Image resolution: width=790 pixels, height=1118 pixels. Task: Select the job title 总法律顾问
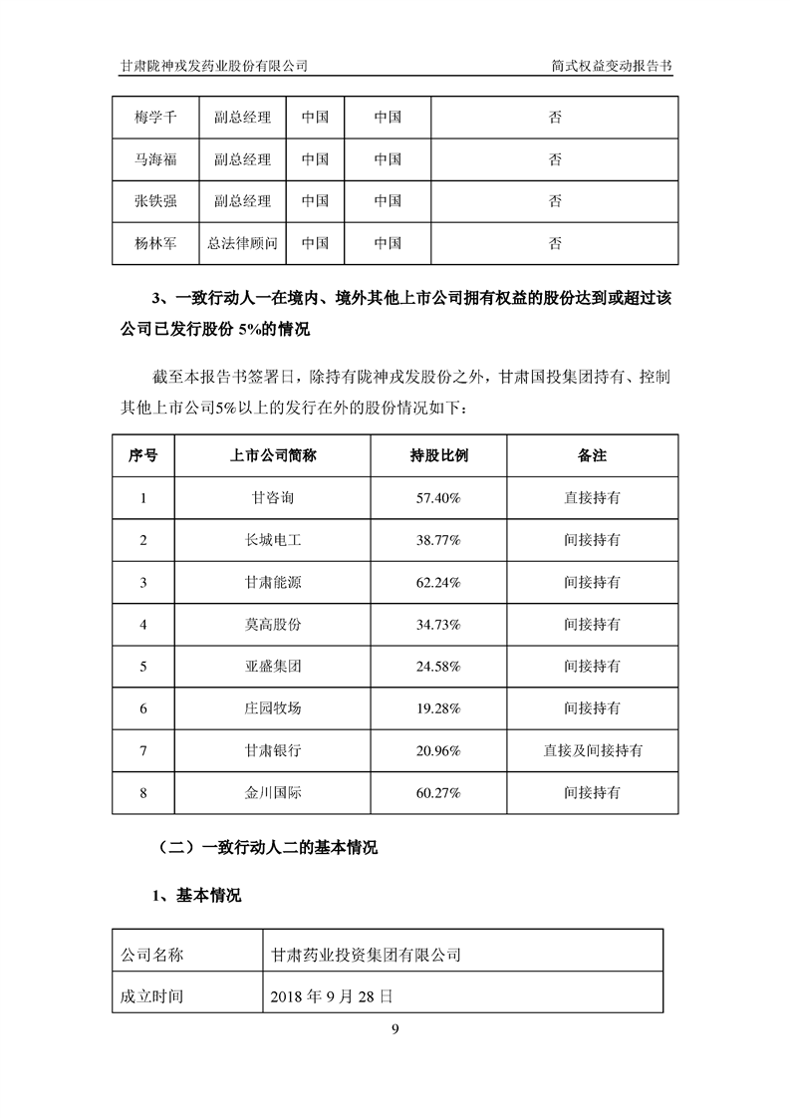242,242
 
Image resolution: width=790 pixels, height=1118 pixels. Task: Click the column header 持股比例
439,455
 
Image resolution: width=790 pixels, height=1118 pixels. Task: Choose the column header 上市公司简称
273,455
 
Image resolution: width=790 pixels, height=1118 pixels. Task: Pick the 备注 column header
592,455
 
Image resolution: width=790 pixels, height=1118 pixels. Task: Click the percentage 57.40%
439,497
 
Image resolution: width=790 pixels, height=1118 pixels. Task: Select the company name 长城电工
273,539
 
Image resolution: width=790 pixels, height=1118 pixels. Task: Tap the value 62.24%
439,582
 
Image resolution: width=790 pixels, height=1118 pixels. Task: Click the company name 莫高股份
273,624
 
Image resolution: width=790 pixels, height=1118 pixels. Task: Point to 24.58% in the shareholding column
439,666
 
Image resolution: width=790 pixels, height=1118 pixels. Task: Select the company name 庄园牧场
273,708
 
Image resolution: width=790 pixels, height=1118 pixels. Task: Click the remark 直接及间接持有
592,750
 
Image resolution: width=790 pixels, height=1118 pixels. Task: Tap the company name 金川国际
273,793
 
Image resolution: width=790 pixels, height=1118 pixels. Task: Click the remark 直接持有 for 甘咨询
592,497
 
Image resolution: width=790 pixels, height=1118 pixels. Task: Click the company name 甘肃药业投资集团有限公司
367,954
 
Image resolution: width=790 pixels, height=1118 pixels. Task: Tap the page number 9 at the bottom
395,1029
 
